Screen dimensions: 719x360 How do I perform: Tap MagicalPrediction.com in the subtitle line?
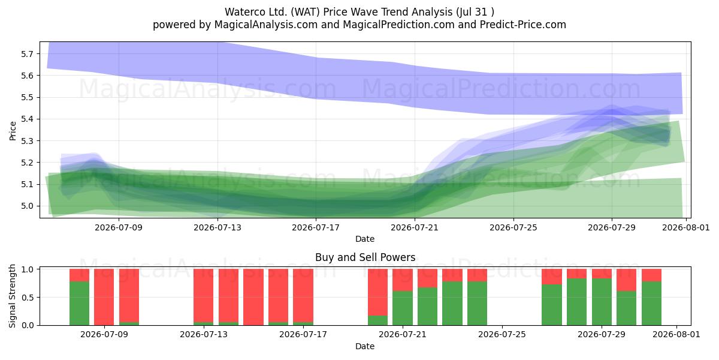(x=398, y=25)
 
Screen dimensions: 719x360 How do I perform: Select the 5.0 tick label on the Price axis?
(x=27, y=206)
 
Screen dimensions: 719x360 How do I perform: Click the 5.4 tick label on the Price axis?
(x=27, y=119)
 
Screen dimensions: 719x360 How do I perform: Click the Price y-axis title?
(x=13, y=131)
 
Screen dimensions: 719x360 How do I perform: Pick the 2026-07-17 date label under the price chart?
(x=316, y=227)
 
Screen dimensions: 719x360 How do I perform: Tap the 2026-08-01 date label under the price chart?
(x=686, y=227)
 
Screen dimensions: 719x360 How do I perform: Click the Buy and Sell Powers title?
(x=365, y=257)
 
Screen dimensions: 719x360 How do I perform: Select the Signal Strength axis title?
(x=12, y=296)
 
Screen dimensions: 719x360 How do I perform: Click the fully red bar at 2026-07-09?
(x=104, y=297)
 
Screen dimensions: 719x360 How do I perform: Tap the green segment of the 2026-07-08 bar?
(x=79, y=303)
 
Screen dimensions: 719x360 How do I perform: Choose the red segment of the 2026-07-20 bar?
(x=378, y=292)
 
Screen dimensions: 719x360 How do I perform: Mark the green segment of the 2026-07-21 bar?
(x=403, y=308)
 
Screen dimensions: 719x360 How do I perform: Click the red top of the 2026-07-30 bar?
(x=626, y=280)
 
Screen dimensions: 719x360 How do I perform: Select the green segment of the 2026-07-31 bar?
(x=652, y=303)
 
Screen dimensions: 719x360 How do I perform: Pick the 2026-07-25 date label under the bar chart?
(x=502, y=334)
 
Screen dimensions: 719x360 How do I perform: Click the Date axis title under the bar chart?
(x=365, y=346)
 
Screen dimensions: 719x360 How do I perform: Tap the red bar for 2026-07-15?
(x=253, y=297)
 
